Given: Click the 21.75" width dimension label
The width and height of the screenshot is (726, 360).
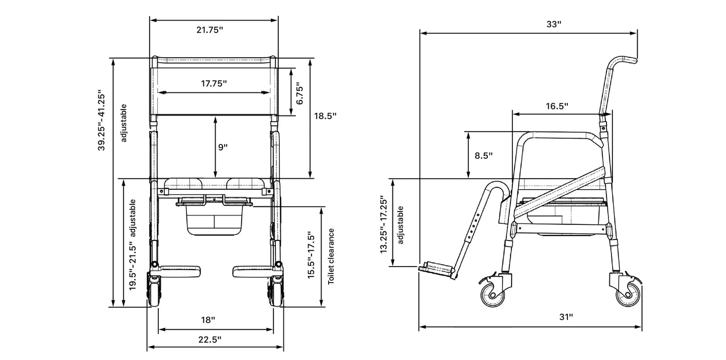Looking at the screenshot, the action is pyautogui.click(x=210, y=30).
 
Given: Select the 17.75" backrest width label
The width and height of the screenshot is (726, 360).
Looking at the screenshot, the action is pyautogui.click(x=214, y=84).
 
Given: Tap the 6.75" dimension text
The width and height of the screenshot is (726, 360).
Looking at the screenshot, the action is pyautogui.click(x=299, y=94).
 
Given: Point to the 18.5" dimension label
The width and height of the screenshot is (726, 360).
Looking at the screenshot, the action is pyautogui.click(x=325, y=116).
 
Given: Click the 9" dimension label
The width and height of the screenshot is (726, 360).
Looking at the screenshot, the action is pyautogui.click(x=223, y=148).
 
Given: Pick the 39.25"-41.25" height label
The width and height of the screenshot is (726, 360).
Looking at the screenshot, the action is pyautogui.click(x=101, y=120).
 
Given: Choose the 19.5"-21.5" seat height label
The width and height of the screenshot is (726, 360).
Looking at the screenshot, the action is pyautogui.click(x=133, y=266).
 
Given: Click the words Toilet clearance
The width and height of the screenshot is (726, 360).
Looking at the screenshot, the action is pyautogui.click(x=331, y=257).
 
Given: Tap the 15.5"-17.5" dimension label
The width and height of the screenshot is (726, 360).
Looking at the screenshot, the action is pyautogui.click(x=311, y=255).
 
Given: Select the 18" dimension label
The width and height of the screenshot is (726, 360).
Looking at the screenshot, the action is pyautogui.click(x=208, y=320).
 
